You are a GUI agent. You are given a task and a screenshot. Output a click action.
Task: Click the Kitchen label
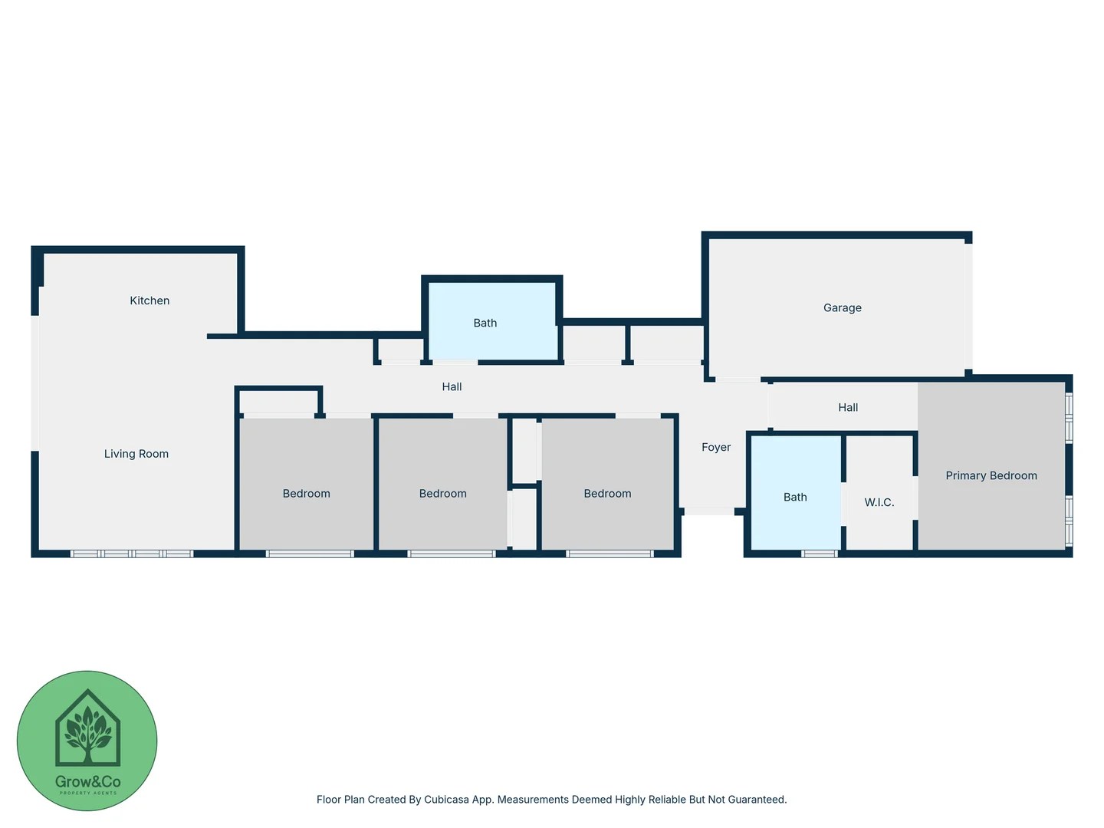[149, 301]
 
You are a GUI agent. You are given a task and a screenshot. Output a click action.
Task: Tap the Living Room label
[136, 454]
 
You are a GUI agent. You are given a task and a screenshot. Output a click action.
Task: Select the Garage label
[842, 307]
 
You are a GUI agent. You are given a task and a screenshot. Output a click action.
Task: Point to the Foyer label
[716, 447]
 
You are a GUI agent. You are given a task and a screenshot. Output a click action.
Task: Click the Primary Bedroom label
[991, 475]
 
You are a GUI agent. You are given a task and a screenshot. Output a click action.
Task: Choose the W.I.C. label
[879, 502]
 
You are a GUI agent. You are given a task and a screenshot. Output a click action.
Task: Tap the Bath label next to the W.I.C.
[795, 497]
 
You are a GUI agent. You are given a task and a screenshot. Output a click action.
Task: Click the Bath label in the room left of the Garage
[485, 323]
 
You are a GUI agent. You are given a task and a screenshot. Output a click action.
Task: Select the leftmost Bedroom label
[306, 494]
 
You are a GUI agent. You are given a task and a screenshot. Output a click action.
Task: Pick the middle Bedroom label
[442, 494]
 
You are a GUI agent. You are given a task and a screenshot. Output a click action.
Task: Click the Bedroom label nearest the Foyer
[607, 494]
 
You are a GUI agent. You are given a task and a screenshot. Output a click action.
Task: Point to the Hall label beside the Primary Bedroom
[847, 407]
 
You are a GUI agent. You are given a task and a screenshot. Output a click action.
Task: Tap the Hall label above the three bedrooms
[452, 386]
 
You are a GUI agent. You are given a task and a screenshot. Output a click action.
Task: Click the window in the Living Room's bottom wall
[131, 554]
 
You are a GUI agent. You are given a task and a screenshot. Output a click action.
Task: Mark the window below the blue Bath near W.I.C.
[819, 554]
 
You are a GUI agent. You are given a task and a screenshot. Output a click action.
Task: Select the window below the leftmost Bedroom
[310, 554]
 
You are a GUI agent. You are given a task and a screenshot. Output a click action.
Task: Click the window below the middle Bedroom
[451, 554]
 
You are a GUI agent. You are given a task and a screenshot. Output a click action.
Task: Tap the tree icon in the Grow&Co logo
[88, 732]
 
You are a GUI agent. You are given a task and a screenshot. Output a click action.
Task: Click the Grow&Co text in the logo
[87, 782]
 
